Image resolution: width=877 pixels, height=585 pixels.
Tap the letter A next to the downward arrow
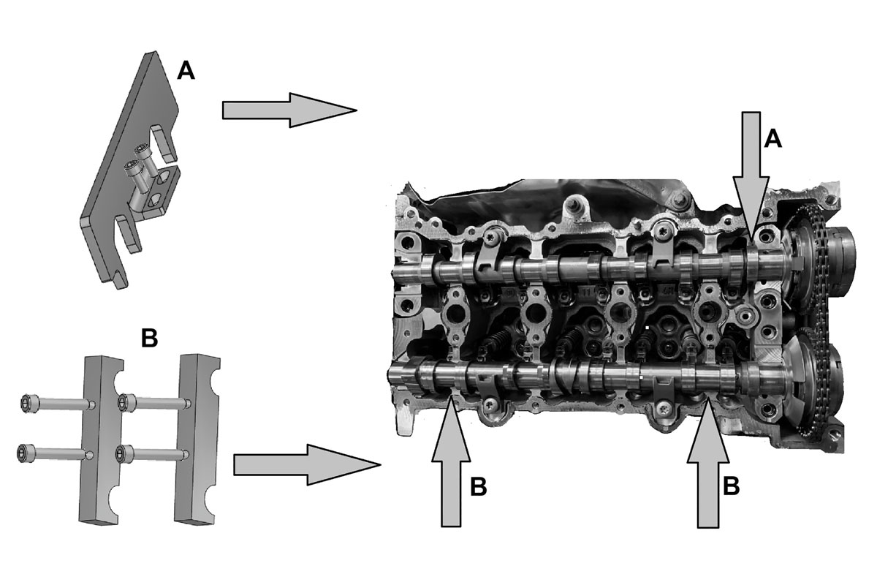coord(772,139)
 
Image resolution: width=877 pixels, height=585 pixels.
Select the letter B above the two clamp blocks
coord(150,338)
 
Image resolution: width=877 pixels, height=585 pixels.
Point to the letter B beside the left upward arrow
coord(479,487)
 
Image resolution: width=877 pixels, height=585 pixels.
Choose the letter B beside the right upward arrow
coord(731,486)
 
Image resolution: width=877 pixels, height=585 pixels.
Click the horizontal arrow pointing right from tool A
coord(289,110)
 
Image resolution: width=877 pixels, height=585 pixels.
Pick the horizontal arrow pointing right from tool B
coord(307,465)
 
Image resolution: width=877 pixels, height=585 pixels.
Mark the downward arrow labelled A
coord(751,175)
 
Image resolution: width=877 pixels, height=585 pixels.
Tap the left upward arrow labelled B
coord(451,461)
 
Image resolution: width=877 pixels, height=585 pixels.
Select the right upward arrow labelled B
coord(708,462)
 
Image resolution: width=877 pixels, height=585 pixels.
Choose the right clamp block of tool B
coord(196,439)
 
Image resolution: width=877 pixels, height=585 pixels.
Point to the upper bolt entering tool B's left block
coord(58,403)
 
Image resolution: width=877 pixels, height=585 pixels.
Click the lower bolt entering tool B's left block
coord(56,453)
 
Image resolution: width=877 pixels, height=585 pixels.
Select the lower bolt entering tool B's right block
coord(153,453)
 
